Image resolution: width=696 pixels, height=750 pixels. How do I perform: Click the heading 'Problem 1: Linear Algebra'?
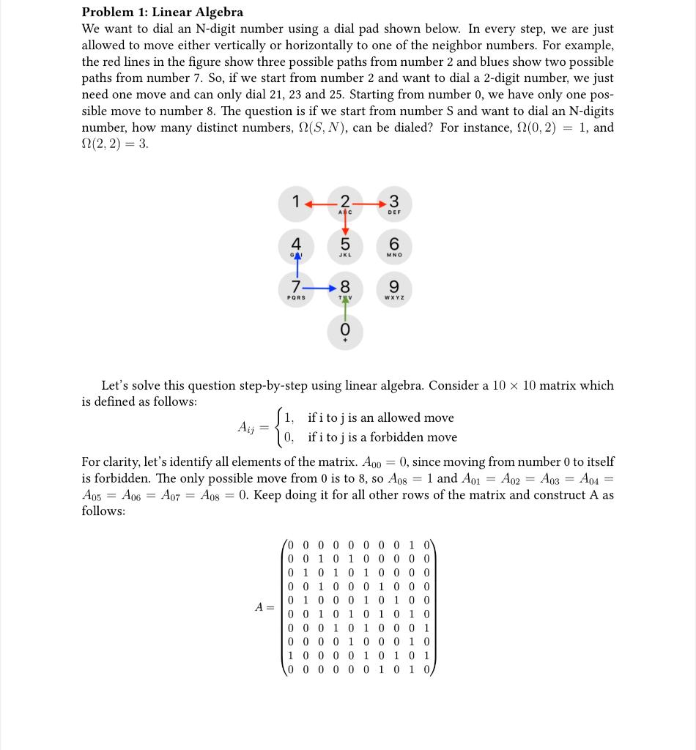click(x=162, y=12)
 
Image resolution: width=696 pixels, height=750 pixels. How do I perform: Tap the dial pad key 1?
click(x=295, y=204)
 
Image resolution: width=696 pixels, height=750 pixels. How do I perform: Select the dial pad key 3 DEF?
click(x=394, y=204)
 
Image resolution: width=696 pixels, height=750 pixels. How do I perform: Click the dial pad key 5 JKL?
click(x=345, y=245)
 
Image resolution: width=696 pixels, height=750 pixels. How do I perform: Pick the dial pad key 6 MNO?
click(x=394, y=245)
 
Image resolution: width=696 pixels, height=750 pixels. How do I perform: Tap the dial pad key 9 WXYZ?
click(x=394, y=288)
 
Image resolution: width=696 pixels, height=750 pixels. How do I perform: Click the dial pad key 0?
click(x=345, y=330)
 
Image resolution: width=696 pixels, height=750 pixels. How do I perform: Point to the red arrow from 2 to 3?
click(x=370, y=203)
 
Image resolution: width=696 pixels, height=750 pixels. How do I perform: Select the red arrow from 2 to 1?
click(x=319, y=203)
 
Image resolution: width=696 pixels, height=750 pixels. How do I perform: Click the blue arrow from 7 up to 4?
click(x=297, y=264)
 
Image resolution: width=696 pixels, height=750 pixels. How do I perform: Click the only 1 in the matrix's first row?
click(x=411, y=544)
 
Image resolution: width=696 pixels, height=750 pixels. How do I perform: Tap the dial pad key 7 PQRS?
click(x=295, y=288)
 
